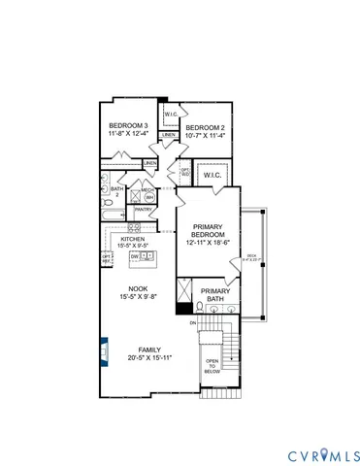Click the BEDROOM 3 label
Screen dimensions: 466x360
click(x=128, y=125)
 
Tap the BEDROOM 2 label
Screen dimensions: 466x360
click(x=206, y=128)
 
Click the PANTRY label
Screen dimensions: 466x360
click(x=143, y=209)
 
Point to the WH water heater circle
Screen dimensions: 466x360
click(x=149, y=197)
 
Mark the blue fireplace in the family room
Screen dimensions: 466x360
click(x=104, y=347)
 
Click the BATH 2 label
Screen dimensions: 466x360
click(x=116, y=192)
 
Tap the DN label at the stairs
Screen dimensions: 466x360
click(x=193, y=322)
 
